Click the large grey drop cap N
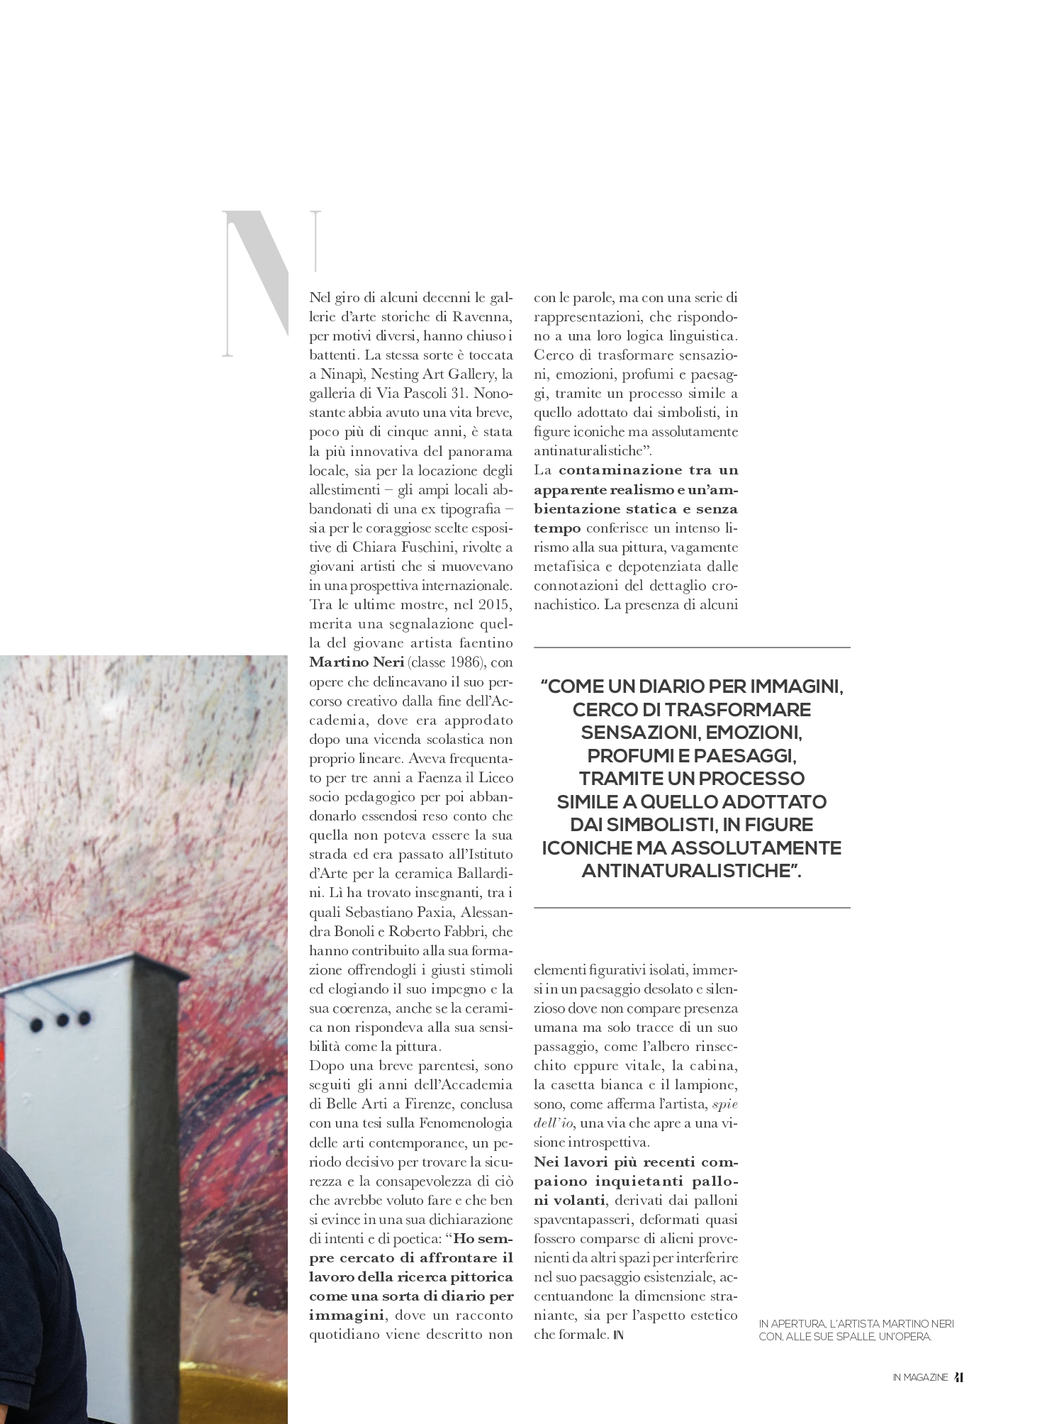[271, 283]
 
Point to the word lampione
[711, 1085]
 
